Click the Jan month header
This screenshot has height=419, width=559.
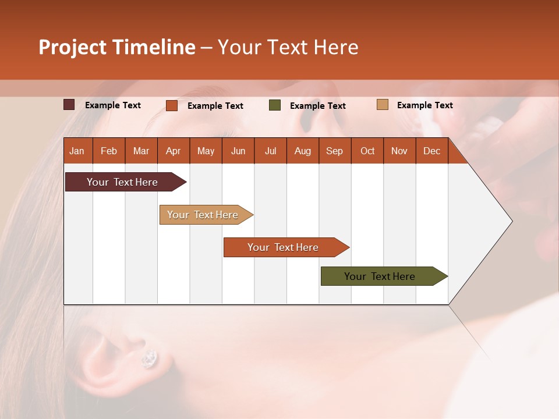click(77, 151)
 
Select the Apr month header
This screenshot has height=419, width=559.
click(173, 151)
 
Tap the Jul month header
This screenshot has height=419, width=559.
click(270, 151)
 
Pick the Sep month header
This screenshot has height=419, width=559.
click(334, 151)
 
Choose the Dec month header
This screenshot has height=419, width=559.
click(431, 151)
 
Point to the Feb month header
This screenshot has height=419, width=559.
click(109, 151)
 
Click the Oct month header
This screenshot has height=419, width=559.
click(367, 151)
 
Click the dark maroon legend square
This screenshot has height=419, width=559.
click(69, 105)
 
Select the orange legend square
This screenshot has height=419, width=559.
click(172, 105)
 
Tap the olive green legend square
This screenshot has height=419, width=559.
click(275, 105)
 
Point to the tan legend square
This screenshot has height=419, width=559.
click(383, 105)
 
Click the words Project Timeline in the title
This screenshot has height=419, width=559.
click(117, 47)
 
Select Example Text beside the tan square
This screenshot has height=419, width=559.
click(424, 105)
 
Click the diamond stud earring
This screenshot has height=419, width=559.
click(150, 358)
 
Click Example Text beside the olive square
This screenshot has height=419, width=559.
click(317, 106)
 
